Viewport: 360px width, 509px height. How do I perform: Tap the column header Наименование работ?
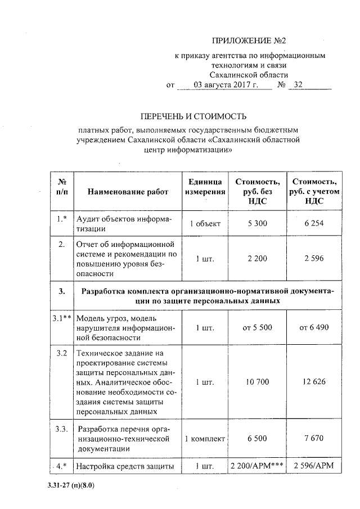pos(128,192)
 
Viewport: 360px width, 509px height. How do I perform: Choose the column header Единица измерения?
pos(205,187)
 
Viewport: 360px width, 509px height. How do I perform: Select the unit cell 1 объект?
pos(205,224)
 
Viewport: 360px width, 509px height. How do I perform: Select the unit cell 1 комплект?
pos(205,439)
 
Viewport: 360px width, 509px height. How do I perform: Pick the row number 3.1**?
pos(61,318)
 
